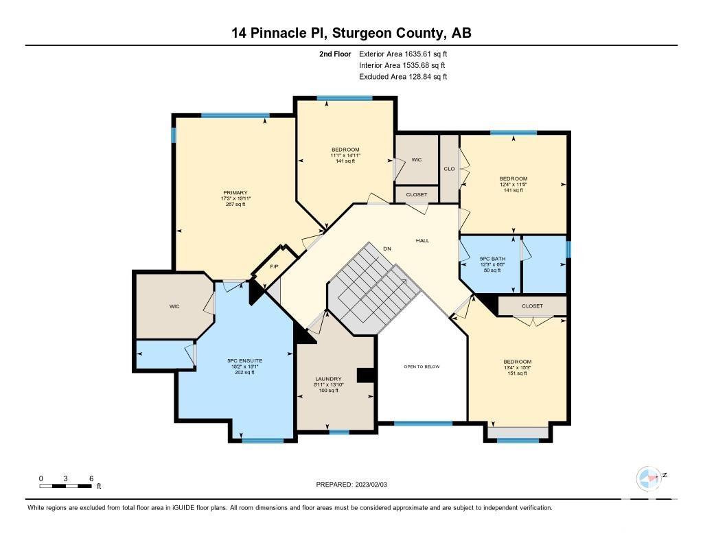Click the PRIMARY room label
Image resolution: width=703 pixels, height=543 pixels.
(x=235, y=193)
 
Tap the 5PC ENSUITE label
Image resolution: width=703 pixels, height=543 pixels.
(x=245, y=360)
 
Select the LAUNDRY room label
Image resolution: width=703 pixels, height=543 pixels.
(x=328, y=379)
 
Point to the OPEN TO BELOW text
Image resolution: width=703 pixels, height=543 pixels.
(x=422, y=367)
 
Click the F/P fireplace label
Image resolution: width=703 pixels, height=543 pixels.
(x=274, y=266)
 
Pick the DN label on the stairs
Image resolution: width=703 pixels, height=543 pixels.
(x=387, y=248)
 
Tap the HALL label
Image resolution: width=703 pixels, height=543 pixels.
(x=422, y=241)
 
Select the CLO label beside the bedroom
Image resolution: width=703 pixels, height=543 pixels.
(x=450, y=169)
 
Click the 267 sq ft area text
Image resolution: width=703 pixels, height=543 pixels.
(x=235, y=205)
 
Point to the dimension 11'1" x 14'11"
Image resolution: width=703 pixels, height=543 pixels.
(x=345, y=155)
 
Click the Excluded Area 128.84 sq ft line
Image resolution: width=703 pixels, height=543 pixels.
(x=403, y=77)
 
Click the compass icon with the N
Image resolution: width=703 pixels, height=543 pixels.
(x=649, y=478)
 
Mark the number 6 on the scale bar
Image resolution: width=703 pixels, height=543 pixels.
(x=91, y=478)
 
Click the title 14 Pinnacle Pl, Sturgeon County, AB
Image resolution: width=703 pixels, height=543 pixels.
(x=351, y=33)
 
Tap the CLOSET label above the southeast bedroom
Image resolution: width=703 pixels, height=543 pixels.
(x=532, y=306)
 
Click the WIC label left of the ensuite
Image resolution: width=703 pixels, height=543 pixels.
(x=174, y=306)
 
